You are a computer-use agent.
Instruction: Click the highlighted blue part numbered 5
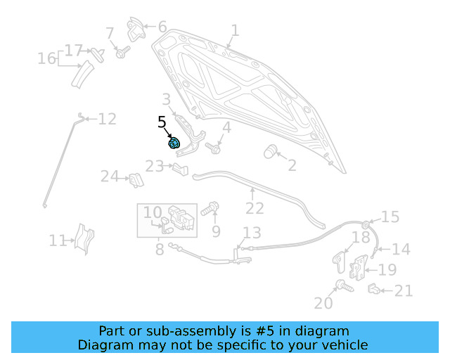click(x=174, y=143)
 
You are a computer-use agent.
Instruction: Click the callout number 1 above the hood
click(x=235, y=30)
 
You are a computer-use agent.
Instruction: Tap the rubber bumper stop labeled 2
click(x=270, y=152)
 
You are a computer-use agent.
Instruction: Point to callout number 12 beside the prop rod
click(x=107, y=119)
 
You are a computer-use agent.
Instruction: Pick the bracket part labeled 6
click(x=136, y=29)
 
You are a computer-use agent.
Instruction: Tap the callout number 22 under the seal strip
click(x=255, y=208)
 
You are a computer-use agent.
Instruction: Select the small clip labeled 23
click(x=181, y=168)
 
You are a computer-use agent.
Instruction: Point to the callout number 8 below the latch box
click(x=160, y=249)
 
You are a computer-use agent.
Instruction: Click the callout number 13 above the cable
click(x=252, y=233)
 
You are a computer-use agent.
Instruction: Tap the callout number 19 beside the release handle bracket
click(x=387, y=270)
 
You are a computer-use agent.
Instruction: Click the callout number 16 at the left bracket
click(x=46, y=58)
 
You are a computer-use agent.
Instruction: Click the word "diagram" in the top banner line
click(x=323, y=331)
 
